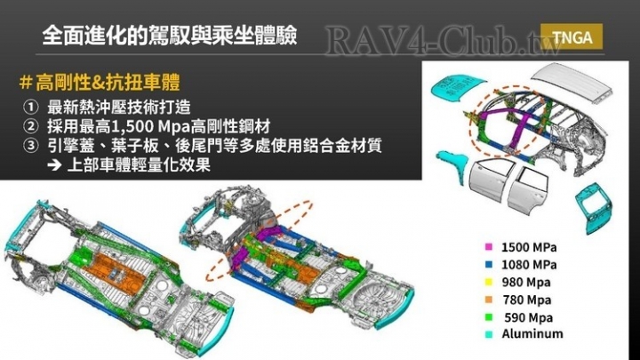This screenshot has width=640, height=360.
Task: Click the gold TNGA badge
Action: click(572, 37)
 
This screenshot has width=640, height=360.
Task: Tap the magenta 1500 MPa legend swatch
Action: click(488, 247)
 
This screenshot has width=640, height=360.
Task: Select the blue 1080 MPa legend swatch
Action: click(488, 265)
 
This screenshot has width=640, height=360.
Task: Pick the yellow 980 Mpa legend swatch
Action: click(488, 282)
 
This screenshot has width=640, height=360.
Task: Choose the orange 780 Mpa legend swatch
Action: click(488, 300)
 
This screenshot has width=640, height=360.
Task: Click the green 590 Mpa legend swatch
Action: click(488, 317)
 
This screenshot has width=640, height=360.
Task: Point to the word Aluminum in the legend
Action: click(532, 333)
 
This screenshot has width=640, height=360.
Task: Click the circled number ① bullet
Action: click(30, 108)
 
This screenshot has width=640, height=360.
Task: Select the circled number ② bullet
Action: click(30, 126)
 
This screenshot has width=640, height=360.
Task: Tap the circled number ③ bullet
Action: click(30, 146)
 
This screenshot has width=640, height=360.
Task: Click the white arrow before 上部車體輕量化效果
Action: click(54, 165)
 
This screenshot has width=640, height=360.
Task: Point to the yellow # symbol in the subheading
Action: click(26, 83)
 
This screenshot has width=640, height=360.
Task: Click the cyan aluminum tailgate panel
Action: click(595, 207)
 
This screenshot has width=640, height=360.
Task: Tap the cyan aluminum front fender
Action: click(453, 164)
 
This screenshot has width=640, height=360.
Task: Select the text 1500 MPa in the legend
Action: click(529, 247)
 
